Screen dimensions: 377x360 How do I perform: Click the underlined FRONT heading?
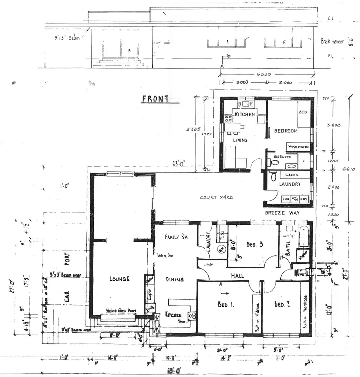(155, 99)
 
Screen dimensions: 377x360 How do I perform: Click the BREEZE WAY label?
(281, 212)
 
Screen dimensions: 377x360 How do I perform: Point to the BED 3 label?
(254, 244)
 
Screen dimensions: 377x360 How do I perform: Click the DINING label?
(175, 279)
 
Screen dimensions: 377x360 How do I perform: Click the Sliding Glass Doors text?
(120, 311)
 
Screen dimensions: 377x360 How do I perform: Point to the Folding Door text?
(163, 255)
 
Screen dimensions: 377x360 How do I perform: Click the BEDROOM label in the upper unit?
(286, 131)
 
